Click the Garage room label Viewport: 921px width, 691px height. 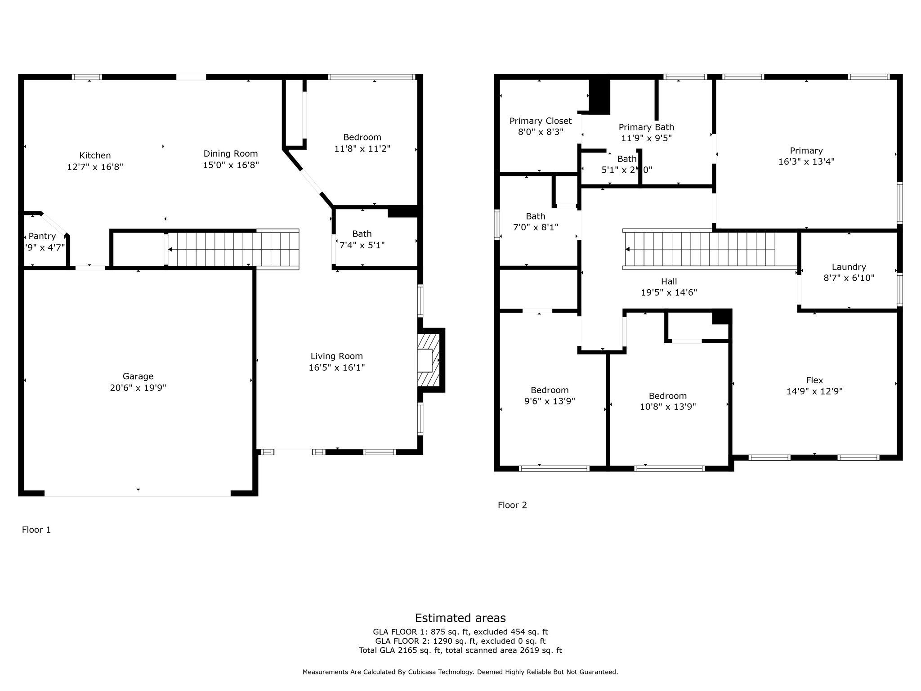point(138,376)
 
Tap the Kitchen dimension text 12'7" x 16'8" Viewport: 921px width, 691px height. point(95,167)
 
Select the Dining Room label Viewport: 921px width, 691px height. point(231,154)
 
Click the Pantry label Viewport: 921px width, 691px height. point(42,236)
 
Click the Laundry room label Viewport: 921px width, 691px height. point(849,267)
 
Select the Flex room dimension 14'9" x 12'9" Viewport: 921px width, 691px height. point(814,391)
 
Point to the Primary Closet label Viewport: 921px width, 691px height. point(541,121)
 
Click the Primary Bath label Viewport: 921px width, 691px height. point(646,127)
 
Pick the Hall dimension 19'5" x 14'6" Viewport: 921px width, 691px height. point(669,292)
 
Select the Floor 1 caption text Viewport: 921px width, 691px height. point(36,530)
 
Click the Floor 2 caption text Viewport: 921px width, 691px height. point(512,505)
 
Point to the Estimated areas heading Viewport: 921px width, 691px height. point(460,618)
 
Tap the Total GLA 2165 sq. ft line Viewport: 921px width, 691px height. point(460,650)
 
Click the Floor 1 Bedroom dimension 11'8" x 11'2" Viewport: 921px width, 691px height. point(362,148)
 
